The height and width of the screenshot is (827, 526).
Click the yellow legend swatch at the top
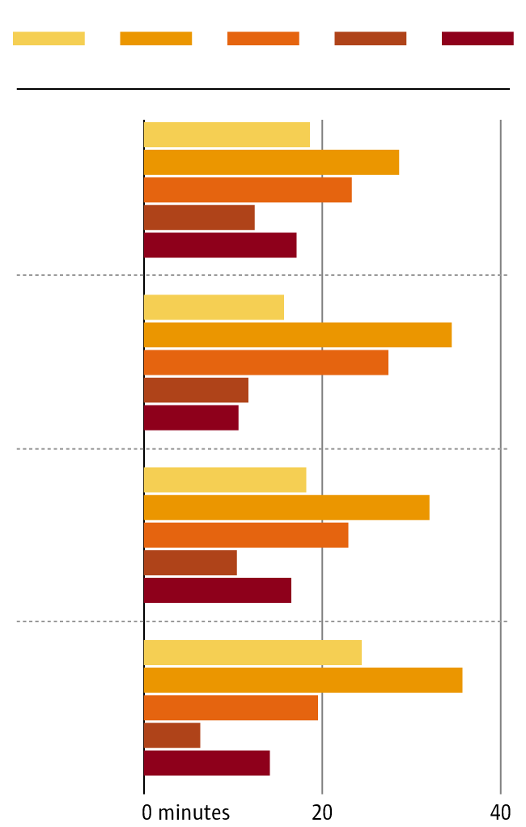(x=49, y=38)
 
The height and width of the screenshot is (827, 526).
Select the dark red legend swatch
(x=477, y=38)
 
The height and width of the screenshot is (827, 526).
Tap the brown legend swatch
(x=370, y=38)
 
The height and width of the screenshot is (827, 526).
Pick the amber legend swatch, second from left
(x=155, y=38)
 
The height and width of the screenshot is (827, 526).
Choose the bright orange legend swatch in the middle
(x=263, y=38)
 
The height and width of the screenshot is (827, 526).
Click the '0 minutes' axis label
(x=186, y=812)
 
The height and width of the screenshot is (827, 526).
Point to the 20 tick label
(x=322, y=812)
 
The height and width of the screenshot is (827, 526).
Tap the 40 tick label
(x=501, y=812)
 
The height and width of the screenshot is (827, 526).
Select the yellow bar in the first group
(x=227, y=135)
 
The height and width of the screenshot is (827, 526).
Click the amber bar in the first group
(x=271, y=163)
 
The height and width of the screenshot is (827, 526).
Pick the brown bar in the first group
(x=199, y=218)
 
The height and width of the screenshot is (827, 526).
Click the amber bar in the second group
(x=298, y=335)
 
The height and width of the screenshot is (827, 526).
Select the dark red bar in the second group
(x=191, y=418)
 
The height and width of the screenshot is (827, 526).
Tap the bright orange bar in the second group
(x=266, y=363)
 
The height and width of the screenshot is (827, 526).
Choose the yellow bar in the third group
(x=225, y=480)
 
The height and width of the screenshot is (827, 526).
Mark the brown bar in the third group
(x=190, y=562)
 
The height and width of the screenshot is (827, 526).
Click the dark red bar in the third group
(x=218, y=590)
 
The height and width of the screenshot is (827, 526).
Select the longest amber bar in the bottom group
(x=303, y=681)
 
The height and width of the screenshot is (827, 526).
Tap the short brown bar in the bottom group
(x=172, y=736)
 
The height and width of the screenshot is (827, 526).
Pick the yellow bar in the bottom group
(x=252, y=653)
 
